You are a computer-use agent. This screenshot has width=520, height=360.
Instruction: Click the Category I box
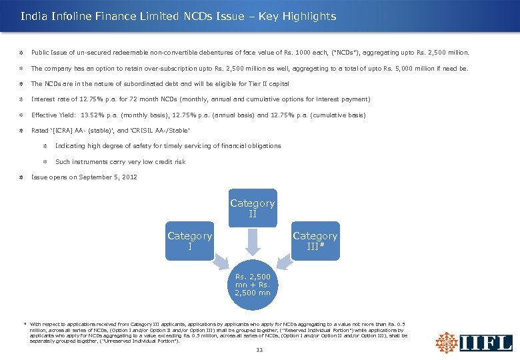[x=190, y=241]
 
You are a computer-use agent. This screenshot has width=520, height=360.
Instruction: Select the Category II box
[x=253, y=208]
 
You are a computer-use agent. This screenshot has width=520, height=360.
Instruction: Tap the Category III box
[x=315, y=241]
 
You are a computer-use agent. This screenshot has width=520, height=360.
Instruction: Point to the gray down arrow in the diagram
[x=253, y=243]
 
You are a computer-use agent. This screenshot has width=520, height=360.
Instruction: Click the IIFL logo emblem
[x=446, y=341]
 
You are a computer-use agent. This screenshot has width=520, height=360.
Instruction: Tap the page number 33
[x=259, y=351]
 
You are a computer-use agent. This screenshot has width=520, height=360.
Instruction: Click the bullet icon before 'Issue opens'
[x=22, y=177]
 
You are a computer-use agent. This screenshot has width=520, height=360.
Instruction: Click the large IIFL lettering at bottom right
[x=487, y=343]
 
